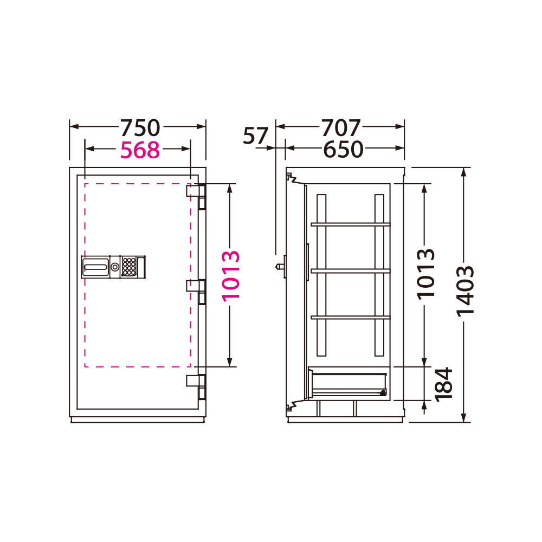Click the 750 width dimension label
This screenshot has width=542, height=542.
pos(140,128)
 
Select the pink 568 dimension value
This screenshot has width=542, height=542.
pos(140,150)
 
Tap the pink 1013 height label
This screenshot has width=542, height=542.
pos(230,276)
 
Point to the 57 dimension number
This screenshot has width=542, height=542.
pos(255,135)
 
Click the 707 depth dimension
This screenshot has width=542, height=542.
pos(341,128)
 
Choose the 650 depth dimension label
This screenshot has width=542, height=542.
pos(343,150)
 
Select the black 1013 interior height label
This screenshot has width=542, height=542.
pos(425,274)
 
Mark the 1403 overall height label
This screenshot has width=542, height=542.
pos(465,291)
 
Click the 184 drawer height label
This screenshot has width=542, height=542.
pos(443,384)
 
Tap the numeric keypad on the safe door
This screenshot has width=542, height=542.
pos(128,267)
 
